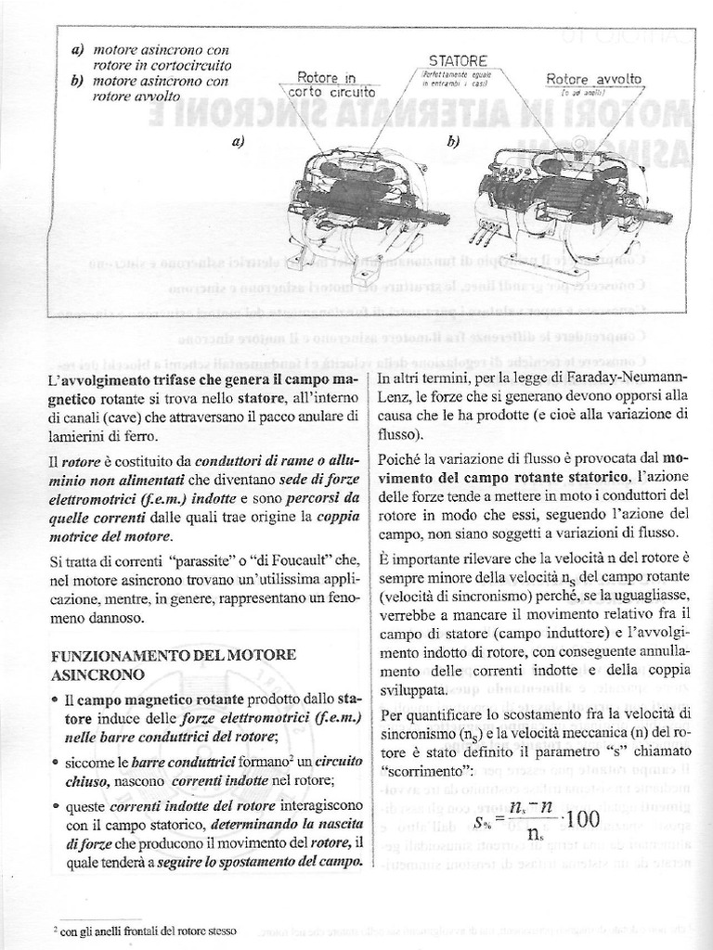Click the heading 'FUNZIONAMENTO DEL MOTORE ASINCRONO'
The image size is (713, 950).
174,664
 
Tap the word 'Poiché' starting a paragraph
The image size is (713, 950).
402,458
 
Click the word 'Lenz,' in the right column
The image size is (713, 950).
397,397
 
